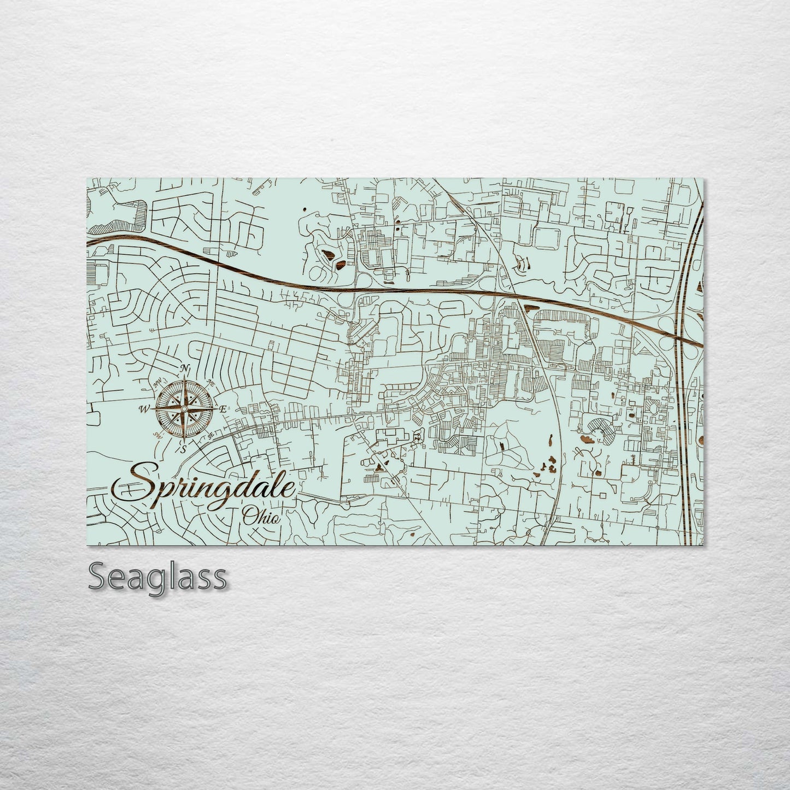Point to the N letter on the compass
(186, 367)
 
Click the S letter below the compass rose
(184, 449)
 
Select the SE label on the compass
(209, 434)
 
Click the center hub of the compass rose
(184, 408)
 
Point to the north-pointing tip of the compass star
(185, 377)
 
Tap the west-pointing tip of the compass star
(155, 408)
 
